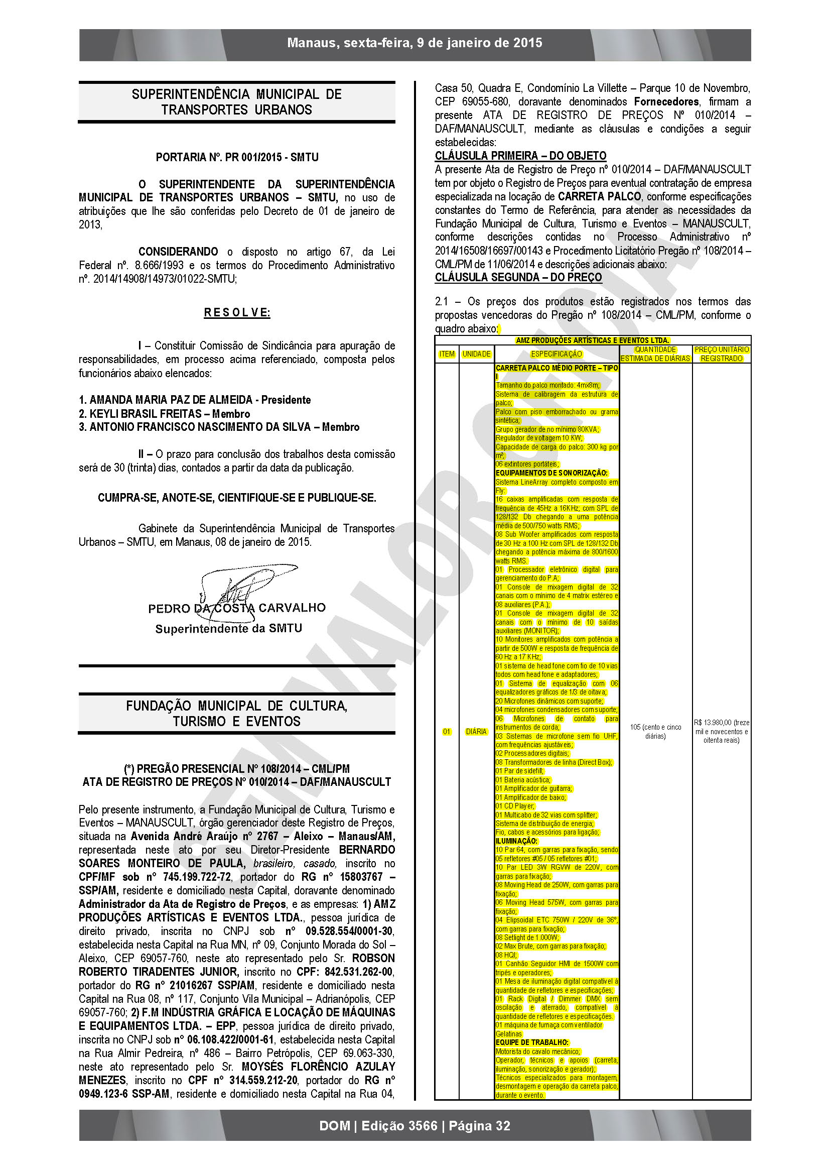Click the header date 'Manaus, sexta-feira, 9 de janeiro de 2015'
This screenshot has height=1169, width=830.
(414, 43)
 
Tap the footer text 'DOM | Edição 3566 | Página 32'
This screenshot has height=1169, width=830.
(414, 1125)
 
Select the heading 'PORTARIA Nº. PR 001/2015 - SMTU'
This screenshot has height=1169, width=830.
(237, 157)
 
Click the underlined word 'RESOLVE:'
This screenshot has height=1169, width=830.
(237, 312)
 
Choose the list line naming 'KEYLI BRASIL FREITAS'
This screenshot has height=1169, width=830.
(164, 414)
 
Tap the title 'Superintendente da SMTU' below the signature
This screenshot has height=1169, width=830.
(228, 629)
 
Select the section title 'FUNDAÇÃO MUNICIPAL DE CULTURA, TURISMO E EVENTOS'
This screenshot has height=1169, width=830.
(237, 714)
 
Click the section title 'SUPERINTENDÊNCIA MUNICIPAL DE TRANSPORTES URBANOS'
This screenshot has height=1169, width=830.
(237, 102)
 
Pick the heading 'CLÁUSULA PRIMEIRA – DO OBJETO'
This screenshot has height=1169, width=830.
(520, 156)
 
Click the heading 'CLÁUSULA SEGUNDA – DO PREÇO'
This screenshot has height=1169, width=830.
(518, 277)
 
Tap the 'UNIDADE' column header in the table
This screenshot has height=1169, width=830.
(476, 354)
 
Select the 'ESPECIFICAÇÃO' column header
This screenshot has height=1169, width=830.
(556, 354)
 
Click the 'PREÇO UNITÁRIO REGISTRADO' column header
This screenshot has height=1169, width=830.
(721, 354)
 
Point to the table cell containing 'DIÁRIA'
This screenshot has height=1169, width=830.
(476, 732)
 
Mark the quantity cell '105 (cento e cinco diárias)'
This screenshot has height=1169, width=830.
(655, 731)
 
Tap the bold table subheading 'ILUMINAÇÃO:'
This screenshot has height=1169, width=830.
(516, 841)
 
